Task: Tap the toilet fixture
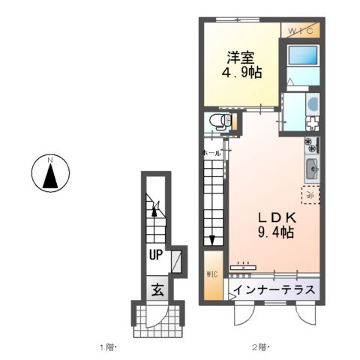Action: coord(217,121)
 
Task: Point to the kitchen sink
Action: coord(312,169)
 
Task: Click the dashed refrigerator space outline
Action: coord(310,195)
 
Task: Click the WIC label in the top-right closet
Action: coord(303,30)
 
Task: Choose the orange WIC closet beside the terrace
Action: coord(211,274)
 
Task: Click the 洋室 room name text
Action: coord(241,56)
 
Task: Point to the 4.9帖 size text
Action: coord(241,73)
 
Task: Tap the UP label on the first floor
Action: coord(155,255)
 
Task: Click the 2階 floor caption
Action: coord(259,346)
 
